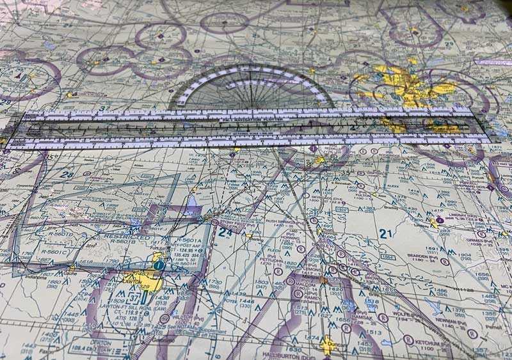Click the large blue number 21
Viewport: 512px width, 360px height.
tap(385, 234)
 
